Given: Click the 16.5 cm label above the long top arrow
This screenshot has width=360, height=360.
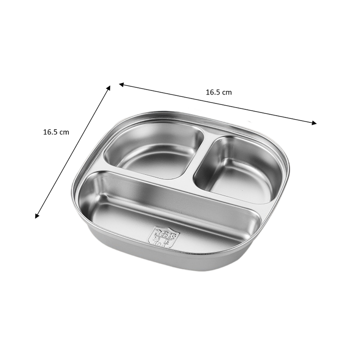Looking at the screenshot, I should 219,92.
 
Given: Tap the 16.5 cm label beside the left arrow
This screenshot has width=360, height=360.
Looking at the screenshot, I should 56,132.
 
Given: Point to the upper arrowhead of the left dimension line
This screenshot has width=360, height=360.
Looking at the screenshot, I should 108,87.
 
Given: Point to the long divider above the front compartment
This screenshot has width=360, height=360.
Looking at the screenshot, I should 180,187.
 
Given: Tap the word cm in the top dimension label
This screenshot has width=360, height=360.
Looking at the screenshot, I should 227,92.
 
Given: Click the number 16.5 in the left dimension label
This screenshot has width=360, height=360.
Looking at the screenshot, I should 51,132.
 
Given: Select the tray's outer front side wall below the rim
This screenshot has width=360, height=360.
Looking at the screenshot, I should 171,261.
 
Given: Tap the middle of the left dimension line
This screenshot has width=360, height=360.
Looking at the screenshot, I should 73,152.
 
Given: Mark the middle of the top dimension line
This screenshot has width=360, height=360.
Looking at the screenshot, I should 218,103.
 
